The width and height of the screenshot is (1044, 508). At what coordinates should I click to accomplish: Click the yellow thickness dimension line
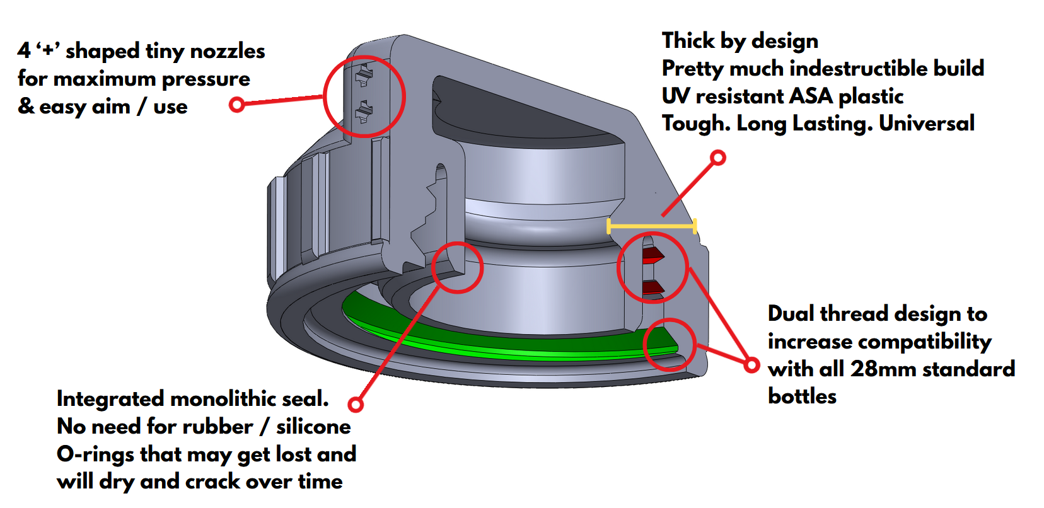tap(651, 226)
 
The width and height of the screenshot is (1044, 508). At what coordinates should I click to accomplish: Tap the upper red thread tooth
tap(653, 255)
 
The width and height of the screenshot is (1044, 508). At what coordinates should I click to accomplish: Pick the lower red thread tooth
tap(653, 288)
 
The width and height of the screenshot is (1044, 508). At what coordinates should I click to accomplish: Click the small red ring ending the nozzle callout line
tap(237, 104)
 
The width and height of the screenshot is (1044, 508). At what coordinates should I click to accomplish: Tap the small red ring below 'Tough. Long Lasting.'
tap(717, 158)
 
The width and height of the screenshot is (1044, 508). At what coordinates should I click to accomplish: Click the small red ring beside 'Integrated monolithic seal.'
tap(356, 405)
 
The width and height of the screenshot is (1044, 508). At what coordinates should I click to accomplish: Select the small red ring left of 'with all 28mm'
tap(751, 364)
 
